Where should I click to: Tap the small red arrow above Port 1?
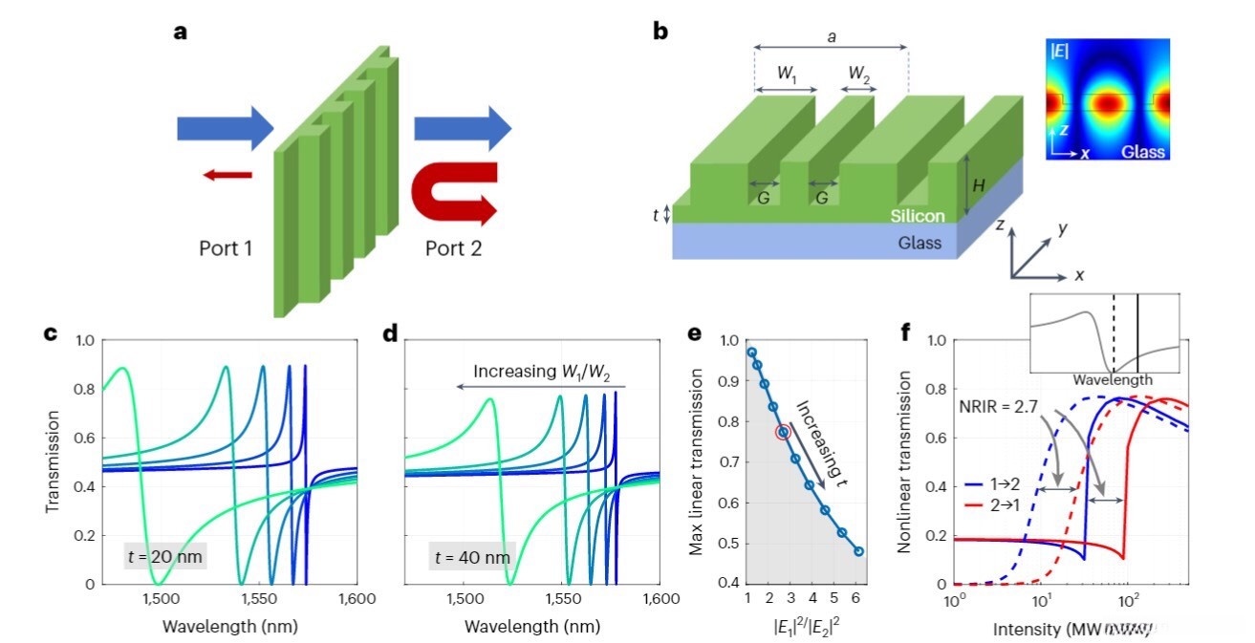coord(227,175)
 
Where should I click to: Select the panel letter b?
coord(660,31)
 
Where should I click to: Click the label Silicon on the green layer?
coord(914,217)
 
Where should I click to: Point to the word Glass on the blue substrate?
coord(920,243)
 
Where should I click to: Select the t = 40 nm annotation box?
coord(472,555)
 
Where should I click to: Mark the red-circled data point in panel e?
coord(784,433)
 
